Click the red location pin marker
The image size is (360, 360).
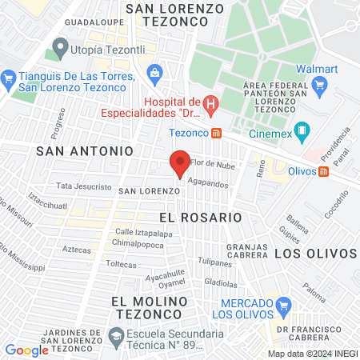[180, 165]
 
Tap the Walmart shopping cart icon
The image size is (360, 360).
[319, 85]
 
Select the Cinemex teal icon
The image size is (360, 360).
[302, 129]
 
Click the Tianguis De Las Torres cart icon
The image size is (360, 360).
[9, 78]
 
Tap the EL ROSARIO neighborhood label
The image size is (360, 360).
[200, 217]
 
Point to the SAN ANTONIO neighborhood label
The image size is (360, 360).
[85, 150]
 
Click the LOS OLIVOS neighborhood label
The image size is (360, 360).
[314, 253]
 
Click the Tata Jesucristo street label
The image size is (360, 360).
[84, 186]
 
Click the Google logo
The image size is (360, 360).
[26, 350]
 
